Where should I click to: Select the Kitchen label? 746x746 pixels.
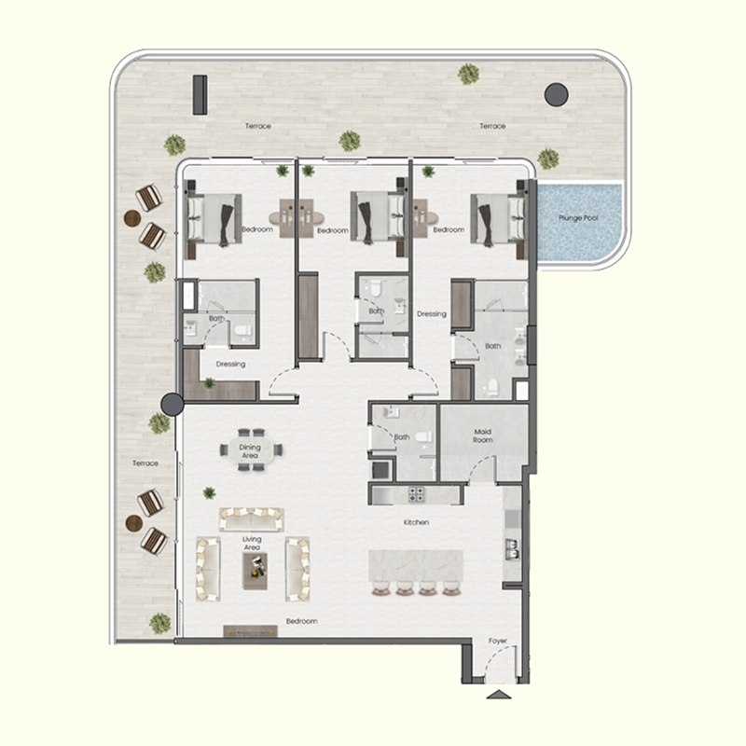point(416,523)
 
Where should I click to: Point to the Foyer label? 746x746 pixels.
point(499,642)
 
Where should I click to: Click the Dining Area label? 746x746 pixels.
point(250,451)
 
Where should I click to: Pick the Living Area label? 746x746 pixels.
point(252,543)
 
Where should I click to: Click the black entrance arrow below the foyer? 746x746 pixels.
point(499,695)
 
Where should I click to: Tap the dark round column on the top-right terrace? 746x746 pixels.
point(556,93)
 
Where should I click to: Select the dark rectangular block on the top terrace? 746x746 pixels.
point(199,94)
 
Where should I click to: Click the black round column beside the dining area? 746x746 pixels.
point(172,404)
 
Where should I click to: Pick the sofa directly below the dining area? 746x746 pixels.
point(252,518)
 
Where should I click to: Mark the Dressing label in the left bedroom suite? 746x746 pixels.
point(230,365)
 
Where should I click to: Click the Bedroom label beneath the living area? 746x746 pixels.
point(301,621)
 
